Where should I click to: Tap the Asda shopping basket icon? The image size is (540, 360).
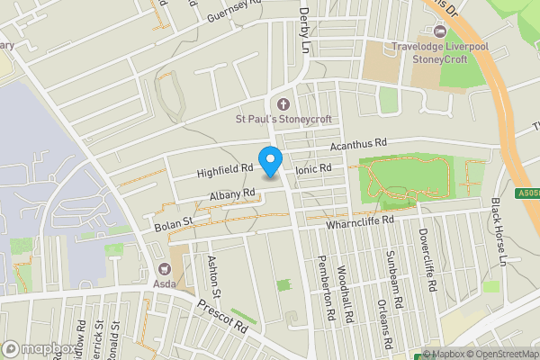(165, 268)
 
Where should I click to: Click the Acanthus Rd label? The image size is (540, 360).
(357, 144)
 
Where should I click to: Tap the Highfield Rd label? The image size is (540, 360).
(224, 166)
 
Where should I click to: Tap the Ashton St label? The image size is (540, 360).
(214, 276)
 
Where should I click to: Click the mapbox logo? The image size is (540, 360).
(39, 348)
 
